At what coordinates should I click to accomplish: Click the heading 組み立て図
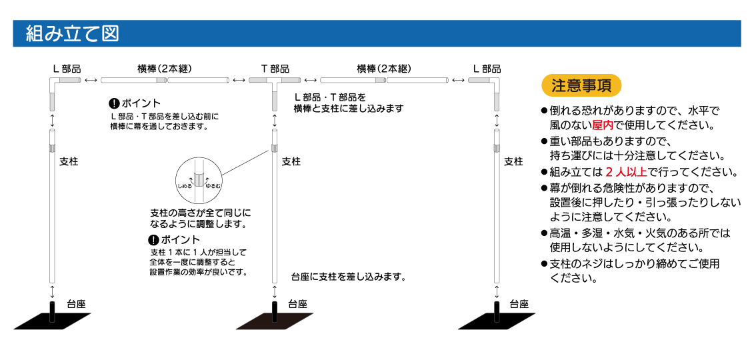click(x=72, y=34)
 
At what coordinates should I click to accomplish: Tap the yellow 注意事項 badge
click(x=582, y=85)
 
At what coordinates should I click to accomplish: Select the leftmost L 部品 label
click(x=67, y=69)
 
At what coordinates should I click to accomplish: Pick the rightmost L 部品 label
click(x=487, y=69)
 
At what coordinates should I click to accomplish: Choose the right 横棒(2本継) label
click(x=383, y=69)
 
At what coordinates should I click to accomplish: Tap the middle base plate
click(x=273, y=322)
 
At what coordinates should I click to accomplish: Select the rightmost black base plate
click(x=495, y=322)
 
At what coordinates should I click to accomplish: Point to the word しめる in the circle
click(x=185, y=187)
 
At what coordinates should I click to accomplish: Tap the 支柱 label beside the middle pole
click(x=291, y=161)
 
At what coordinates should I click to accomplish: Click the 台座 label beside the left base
click(x=76, y=304)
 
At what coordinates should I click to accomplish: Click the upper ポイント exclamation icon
click(x=114, y=103)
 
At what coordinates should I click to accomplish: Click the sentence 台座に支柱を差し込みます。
click(x=349, y=276)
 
